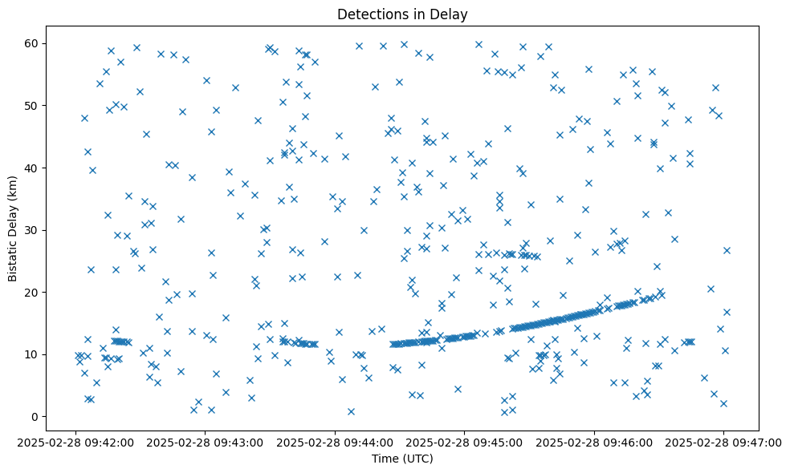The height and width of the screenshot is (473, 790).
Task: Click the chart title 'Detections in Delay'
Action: (402, 14)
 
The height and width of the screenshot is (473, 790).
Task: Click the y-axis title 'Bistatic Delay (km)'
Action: (13, 217)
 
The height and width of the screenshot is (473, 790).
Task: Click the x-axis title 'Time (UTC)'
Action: (402, 459)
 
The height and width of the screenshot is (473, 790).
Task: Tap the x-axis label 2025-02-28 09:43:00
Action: (205, 442)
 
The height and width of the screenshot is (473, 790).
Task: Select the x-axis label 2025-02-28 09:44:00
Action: (335, 442)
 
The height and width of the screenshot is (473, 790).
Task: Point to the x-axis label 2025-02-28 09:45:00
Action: (464, 442)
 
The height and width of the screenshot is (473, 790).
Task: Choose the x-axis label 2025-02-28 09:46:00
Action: (594, 442)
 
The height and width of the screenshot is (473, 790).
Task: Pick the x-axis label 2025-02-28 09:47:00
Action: (723, 442)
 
